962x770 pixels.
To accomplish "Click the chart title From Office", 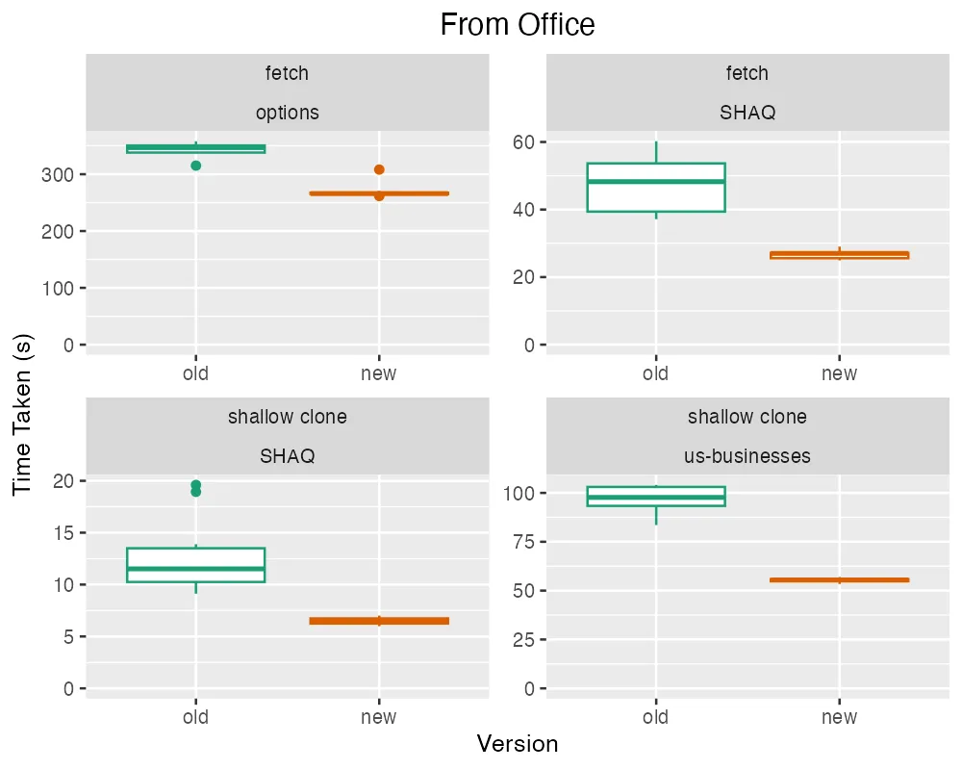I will [x=518, y=24].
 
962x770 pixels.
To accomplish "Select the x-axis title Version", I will [x=518, y=744].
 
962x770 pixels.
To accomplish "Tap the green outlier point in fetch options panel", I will [x=196, y=166].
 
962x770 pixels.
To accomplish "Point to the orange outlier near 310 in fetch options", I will [x=379, y=169].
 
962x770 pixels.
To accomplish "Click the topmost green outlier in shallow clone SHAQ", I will [x=196, y=485].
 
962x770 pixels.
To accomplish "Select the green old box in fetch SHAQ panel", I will [x=656, y=188].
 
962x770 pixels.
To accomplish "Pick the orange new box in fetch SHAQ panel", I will [x=839, y=255].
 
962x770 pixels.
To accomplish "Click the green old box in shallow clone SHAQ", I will [x=196, y=565].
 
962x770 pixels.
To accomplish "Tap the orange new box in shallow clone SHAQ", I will [x=379, y=621].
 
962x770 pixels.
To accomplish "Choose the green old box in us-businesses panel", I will [x=656, y=496].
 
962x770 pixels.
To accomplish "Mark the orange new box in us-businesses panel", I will [x=839, y=580].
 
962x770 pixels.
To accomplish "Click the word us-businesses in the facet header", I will [x=747, y=455].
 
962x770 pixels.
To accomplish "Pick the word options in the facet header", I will [x=288, y=113].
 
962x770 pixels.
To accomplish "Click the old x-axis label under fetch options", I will [x=196, y=373].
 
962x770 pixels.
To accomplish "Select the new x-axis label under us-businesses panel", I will [x=839, y=717].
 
